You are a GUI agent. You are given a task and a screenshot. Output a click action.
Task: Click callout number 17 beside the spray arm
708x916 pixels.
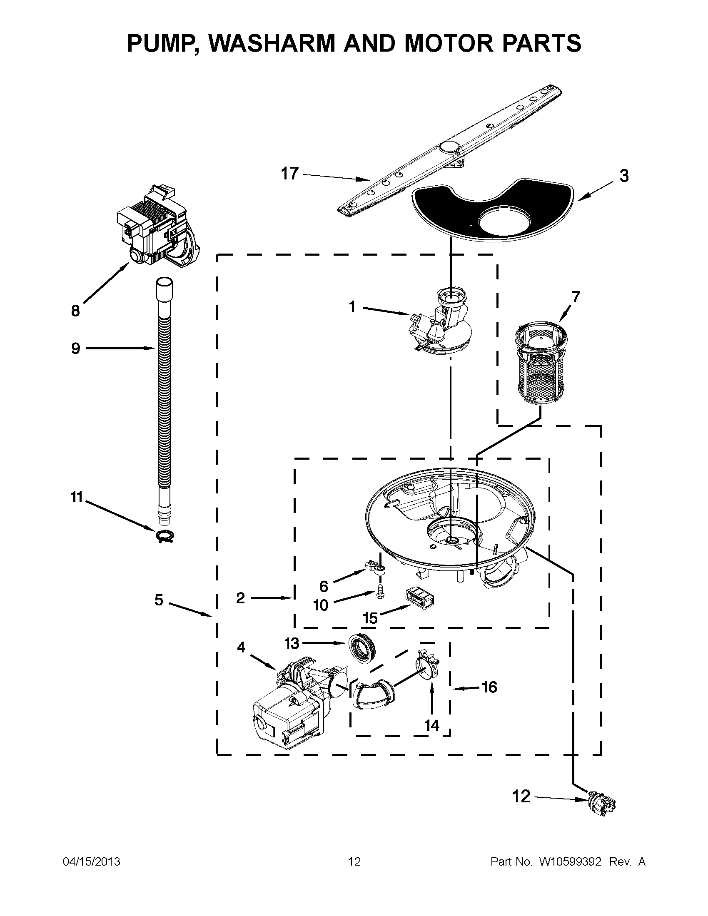[290, 173]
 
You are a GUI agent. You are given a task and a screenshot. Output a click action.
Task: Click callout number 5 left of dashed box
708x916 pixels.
[159, 600]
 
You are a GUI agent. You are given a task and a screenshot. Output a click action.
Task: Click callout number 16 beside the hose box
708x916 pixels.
[489, 687]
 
